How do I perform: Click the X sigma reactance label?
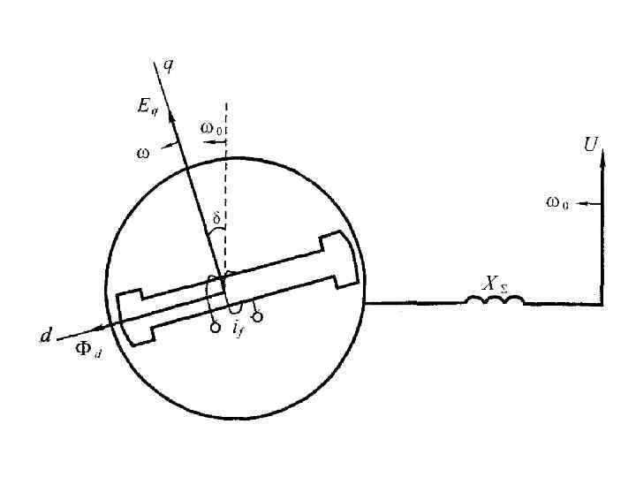coord(493,284)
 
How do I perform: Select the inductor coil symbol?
coord(494,300)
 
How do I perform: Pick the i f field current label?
coord(238,329)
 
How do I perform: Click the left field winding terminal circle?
coord(215,328)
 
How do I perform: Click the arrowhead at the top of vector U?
coord(602,156)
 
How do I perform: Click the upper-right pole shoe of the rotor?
coord(344,255)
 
